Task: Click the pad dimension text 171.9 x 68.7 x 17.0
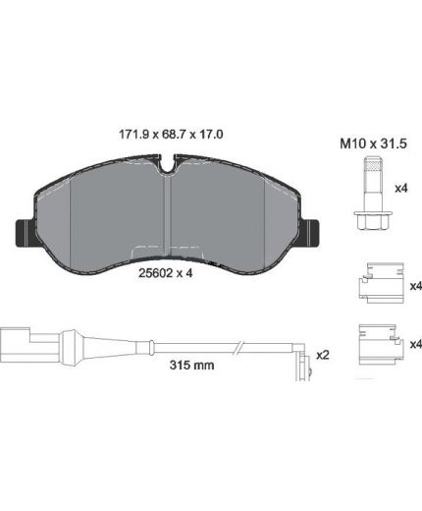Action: point(171,135)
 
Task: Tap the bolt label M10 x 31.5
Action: point(373,143)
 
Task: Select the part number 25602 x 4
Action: point(166,273)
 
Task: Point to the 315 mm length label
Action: point(192,365)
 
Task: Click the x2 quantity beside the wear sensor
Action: point(323,355)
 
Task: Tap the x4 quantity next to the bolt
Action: point(401,189)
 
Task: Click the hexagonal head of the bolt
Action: point(373,221)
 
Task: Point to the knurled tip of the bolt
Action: point(373,165)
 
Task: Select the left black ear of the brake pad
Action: point(26,233)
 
